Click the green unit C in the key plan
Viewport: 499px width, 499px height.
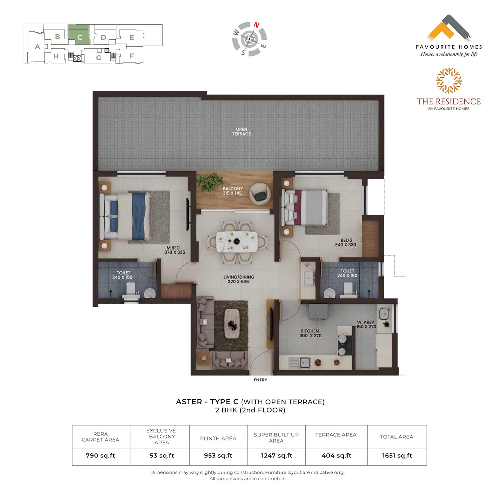pos(79,34)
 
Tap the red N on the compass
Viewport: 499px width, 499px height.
pos(256,25)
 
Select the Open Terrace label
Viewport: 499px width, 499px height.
pos(242,131)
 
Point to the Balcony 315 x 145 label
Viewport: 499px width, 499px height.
pos(233,191)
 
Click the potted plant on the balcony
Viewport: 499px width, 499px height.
pos(210,182)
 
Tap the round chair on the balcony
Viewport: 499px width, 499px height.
pos(260,194)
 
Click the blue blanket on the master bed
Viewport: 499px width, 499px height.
pos(139,217)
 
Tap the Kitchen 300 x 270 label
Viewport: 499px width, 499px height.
pos(310,333)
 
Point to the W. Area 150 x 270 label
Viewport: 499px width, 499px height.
pos(366,324)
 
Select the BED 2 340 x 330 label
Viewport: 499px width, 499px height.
pos(346,242)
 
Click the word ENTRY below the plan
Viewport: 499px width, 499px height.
pos(260,380)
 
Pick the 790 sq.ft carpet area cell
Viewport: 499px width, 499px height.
pos(100,455)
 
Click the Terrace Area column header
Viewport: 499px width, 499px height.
pos(336,435)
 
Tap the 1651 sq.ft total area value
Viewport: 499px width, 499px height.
pos(397,455)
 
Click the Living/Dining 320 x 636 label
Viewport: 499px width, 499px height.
pos(239,279)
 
